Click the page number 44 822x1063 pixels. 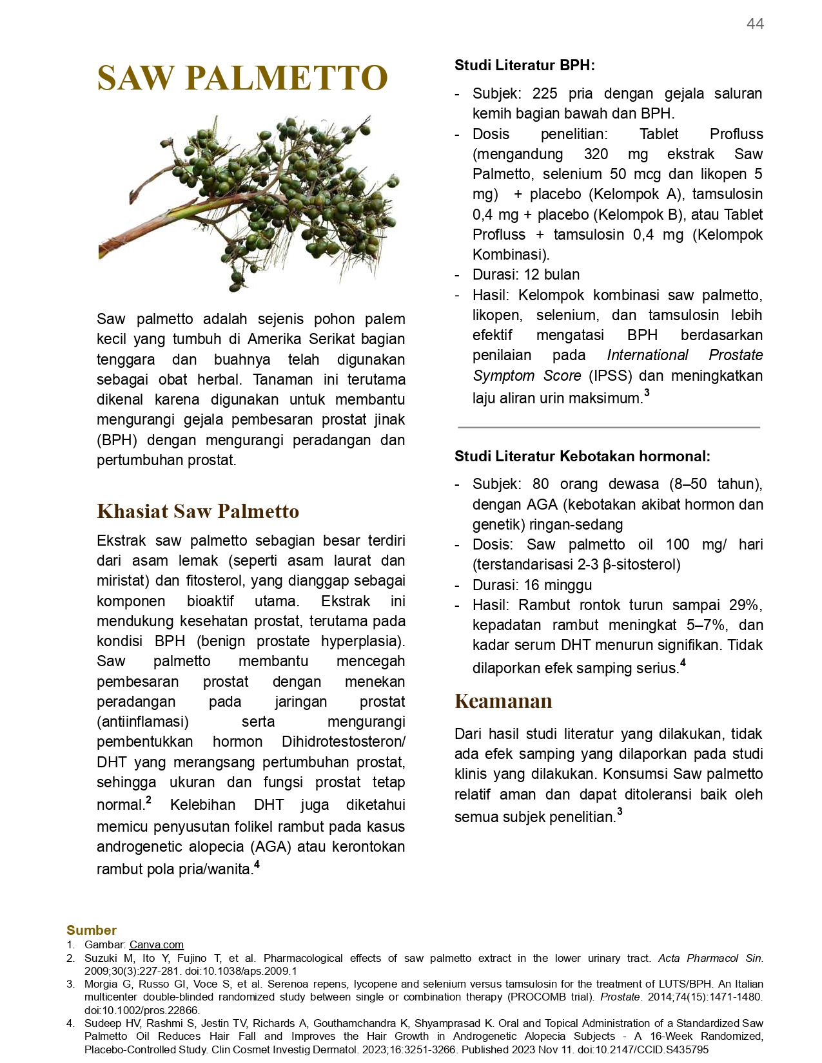click(755, 24)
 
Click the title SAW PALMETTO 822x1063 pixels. click(242, 78)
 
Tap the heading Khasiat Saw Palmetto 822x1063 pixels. click(198, 511)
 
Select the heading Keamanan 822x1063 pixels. click(503, 701)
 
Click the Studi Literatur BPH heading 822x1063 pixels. click(524, 65)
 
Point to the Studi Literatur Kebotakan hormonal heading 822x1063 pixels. click(582, 456)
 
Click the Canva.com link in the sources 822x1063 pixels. click(156, 944)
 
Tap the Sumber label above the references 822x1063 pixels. click(92, 930)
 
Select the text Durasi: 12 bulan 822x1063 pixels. click(526, 274)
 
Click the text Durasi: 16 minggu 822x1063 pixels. click(532, 585)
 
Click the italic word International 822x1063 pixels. click(647, 355)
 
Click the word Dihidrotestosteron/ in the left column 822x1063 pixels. click(343, 742)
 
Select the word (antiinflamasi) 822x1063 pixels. click(142, 722)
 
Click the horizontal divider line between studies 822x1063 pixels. click(609, 427)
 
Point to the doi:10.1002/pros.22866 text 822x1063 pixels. click(142, 1010)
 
